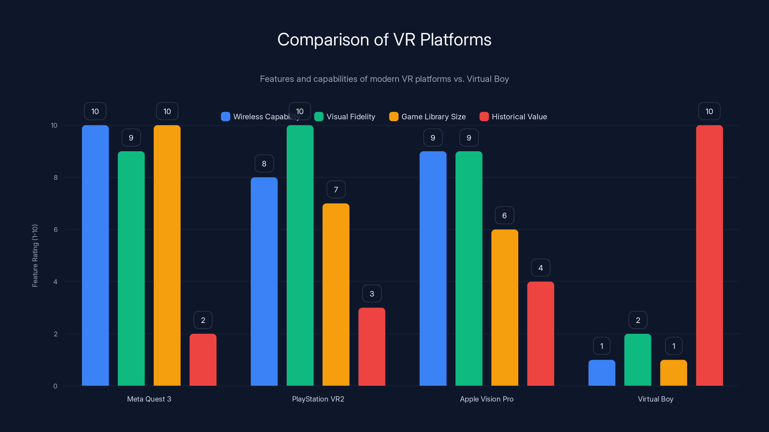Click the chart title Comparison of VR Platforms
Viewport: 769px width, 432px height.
pos(384,40)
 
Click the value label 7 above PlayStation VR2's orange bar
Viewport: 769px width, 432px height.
pos(336,190)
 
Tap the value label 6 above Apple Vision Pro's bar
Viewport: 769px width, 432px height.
pos(504,216)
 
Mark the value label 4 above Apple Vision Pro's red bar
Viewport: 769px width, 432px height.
pos(540,268)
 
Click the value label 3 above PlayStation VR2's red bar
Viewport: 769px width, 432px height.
pos(372,294)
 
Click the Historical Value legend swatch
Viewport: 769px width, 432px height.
pos(484,117)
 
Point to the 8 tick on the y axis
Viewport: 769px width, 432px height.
pos(56,177)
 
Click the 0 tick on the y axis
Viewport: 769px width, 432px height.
pos(55,386)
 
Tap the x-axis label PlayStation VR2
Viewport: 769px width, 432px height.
pos(318,399)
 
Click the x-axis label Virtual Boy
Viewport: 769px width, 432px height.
pos(655,399)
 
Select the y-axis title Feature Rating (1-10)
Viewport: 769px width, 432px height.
pos(35,256)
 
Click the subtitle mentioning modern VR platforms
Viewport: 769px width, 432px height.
pos(384,79)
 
